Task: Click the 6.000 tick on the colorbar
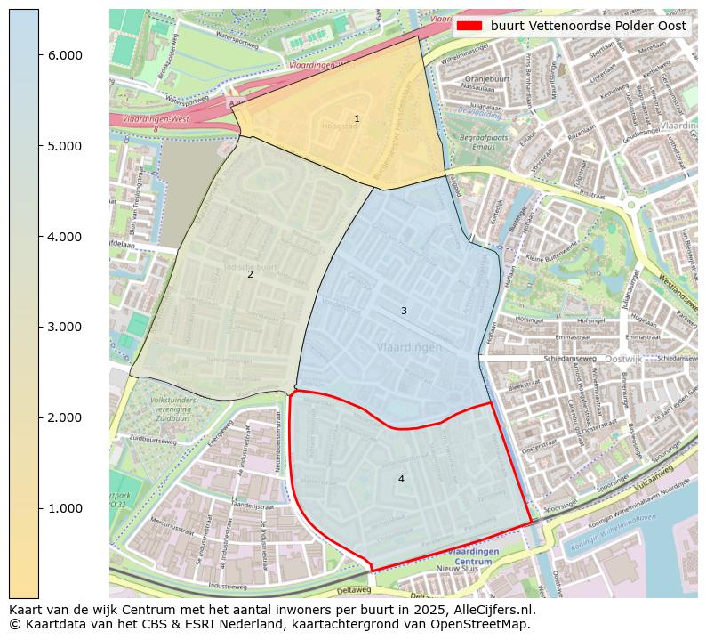(65, 55)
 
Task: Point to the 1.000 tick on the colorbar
(65, 508)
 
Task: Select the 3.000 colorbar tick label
(65, 327)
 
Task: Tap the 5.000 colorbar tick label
(65, 146)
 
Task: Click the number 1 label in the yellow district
(357, 118)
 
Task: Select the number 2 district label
(250, 274)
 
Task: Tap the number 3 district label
(404, 311)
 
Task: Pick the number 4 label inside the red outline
(401, 479)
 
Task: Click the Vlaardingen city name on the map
(408, 347)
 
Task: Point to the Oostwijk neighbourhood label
(623, 359)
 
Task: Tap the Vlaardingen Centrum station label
(477, 557)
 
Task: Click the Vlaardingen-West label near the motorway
(141, 118)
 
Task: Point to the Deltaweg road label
(354, 589)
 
